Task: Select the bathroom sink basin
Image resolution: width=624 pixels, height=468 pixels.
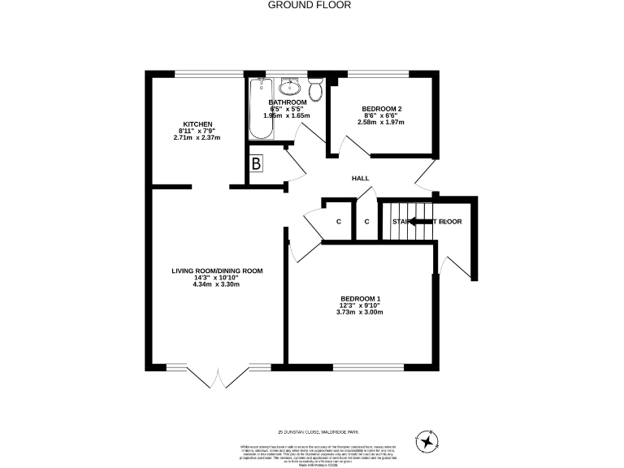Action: [290, 86]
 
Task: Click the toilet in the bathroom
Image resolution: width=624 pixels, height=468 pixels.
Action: [316, 88]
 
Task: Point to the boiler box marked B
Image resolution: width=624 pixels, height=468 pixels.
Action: [258, 163]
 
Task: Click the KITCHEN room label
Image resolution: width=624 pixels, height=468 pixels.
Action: [197, 124]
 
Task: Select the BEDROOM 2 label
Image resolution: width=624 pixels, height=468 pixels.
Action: [380, 109]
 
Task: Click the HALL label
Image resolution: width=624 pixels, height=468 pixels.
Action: [360, 179]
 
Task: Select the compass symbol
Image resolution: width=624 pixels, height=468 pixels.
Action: [427, 441]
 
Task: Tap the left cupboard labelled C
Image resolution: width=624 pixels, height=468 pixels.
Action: [338, 221]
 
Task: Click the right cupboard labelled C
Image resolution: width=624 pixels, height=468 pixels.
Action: [366, 221]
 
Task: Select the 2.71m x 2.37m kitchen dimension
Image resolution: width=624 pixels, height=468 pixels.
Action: [197, 137]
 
